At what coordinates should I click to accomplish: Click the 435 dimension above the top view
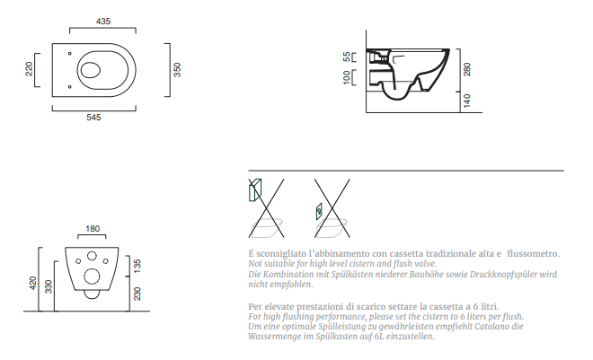coord(103,22)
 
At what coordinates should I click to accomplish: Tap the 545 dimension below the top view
coord(93,118)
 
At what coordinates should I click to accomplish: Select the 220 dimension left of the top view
coord(29,69)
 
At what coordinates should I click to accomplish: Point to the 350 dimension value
coord(177,70)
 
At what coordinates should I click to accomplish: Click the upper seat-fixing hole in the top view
coord(69,54)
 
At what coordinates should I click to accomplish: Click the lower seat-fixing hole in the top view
coord(69,87)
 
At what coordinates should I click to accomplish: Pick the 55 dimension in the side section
coord(347,57)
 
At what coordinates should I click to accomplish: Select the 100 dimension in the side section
coord(347,77)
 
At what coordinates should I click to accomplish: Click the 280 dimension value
coord(466,69)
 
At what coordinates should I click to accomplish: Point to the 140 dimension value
coord(466,101)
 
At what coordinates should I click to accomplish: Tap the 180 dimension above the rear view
coord(93,229)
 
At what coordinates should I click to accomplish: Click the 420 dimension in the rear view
coord(33,284)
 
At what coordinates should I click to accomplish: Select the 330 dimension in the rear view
coord(49,286)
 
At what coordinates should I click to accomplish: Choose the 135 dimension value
coord(137,266)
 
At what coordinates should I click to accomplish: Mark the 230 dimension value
coord(137,294)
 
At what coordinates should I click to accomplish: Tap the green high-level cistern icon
coord(255,190)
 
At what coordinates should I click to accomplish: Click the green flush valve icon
coord(319,212)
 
